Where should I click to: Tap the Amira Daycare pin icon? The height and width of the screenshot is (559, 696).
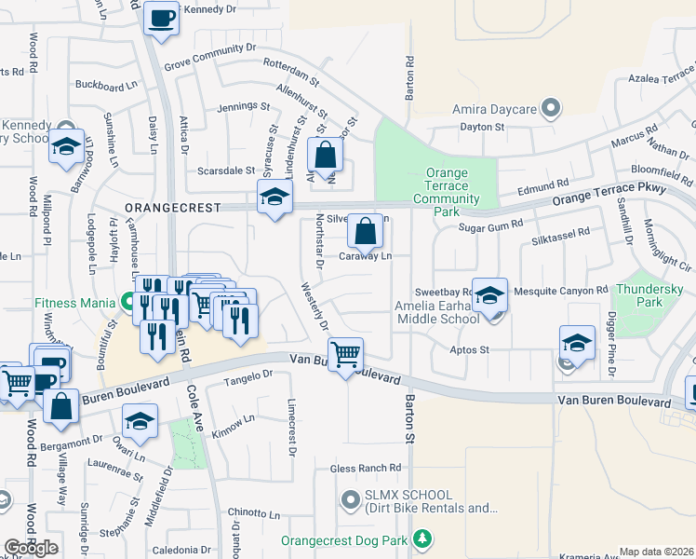551,109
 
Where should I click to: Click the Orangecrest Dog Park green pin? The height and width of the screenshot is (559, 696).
422,539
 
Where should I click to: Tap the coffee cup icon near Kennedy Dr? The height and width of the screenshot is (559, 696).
161,18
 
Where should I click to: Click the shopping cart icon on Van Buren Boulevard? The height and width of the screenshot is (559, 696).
345,354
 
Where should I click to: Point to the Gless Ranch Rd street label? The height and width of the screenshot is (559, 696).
370,468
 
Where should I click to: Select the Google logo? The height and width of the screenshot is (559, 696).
31,548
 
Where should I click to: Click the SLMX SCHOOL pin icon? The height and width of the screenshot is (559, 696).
350,501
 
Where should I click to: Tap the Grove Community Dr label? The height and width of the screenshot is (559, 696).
209,58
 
